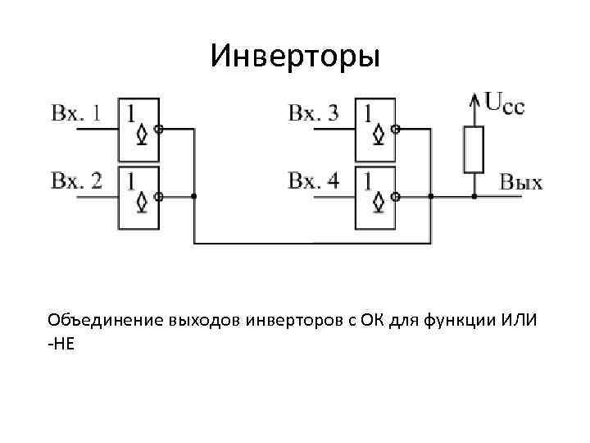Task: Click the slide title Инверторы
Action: [295, 56]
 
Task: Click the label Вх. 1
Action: [76, 114]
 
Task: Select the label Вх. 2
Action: [76, 180]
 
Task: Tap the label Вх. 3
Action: [313, 113]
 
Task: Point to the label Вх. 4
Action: [313, 180]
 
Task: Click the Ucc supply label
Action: [505, 103]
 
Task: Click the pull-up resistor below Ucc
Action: [474, 148]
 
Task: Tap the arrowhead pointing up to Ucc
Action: [474, 99]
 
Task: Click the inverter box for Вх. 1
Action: [138, 130]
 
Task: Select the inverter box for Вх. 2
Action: [138, 197]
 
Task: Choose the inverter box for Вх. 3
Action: [375, 130]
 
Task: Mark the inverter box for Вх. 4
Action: [375, 197]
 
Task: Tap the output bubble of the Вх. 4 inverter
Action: [396, 197]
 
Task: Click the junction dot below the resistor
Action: [474, 197]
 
